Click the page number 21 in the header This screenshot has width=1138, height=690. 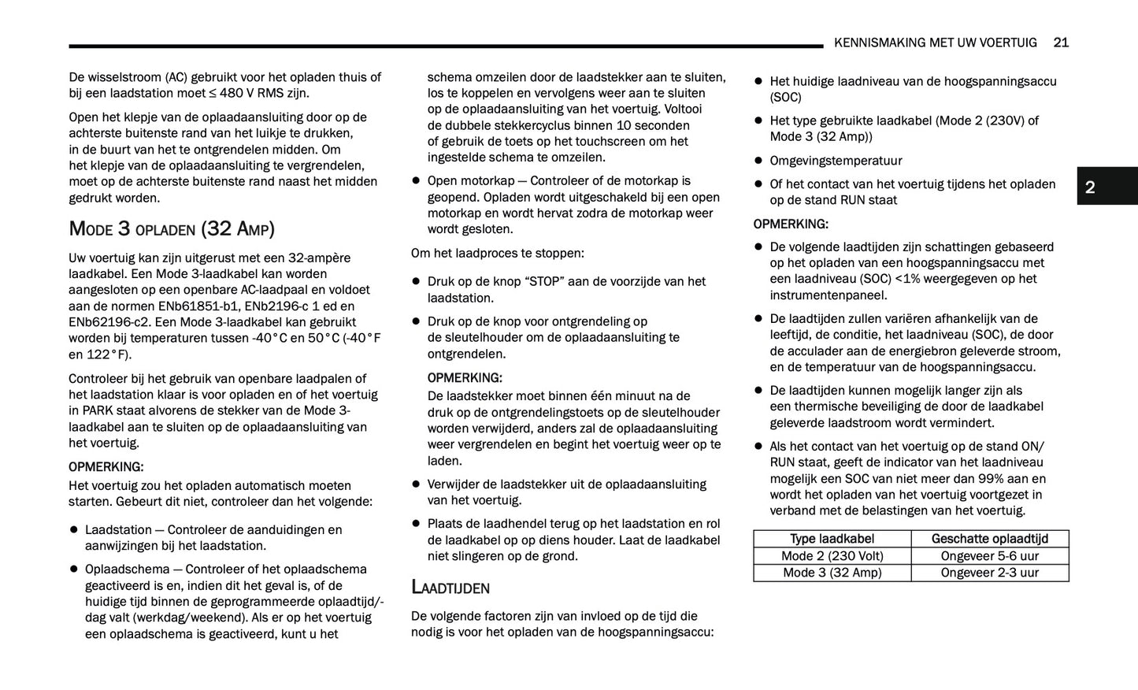pyautogui.click(x=1060, y=43)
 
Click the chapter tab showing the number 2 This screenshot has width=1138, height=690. pyautogui.click(x=1090, y=187)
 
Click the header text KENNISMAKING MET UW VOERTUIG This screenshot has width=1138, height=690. pyautogui.click(x=935, y=43)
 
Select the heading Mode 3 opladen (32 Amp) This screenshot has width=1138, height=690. pyautogui.click(x=172, y=229)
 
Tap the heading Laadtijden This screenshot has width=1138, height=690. pyautogui.click(x=450, y=588)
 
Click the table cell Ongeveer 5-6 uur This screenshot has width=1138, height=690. pyautogui.click(x=989, y=556)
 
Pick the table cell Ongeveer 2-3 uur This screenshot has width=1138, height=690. pyautogui.click(x=989, y=573)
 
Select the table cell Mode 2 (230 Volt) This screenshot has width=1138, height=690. pyautogui.click(x=832, y=556)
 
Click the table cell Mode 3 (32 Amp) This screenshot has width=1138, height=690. pyautogui.click(x=832, y=573)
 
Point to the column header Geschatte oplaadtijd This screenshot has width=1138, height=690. pyautogui.click(x=989, y=539)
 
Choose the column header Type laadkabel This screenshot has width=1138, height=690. pyautogui.click(x=832, y=539)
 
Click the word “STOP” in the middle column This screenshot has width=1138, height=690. pyautogui.click(x=545, y=281)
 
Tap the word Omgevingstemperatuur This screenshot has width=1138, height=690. pyautogui.click(x=836, y=161)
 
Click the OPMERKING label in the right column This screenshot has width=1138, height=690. pyautogui.click(x=791, y=224)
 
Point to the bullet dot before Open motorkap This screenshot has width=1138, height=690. pyautogui.click(x=416, y=180)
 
